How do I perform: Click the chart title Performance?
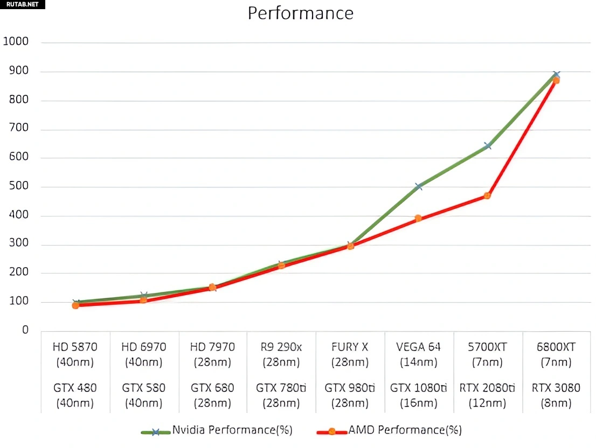point(300,13)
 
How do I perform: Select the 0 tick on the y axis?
point(25,330)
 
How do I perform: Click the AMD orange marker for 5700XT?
point(487,195)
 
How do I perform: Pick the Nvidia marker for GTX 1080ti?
point(419,186)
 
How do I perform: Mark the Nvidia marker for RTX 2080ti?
point(488,145)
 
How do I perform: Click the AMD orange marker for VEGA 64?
point(418,219)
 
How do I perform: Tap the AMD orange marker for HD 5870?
point(75,305)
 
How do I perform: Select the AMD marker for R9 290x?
point(281,265)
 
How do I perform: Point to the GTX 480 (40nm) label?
point(75,395)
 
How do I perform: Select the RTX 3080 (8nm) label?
point(556,395)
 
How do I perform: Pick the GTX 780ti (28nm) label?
point(281,395)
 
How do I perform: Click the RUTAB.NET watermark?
point(22,5)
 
